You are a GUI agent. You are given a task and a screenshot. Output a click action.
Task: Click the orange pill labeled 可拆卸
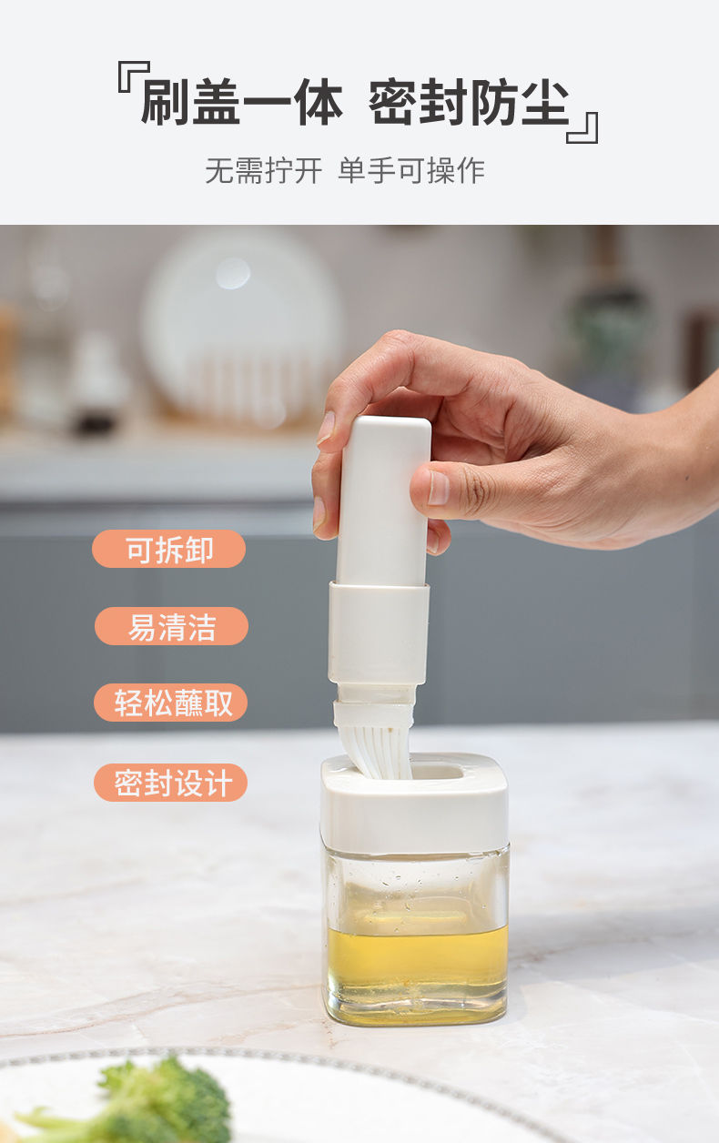(169, 549)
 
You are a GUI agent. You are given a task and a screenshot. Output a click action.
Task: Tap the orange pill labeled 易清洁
(171, 626)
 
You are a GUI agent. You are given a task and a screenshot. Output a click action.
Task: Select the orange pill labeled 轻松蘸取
(171, 703)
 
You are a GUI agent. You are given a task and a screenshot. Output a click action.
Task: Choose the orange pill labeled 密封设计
(171, 783)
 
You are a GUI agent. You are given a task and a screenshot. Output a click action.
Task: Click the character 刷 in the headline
(166, 102)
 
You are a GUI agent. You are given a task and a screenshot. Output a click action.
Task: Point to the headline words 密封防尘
(469, 102)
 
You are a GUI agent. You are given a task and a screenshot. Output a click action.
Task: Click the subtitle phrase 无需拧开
(263, 170)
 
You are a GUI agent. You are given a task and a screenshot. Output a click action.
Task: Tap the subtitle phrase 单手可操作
(411, 170)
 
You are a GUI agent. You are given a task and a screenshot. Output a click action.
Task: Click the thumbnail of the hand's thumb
(438, 487)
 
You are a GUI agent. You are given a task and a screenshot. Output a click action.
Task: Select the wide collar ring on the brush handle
(378, 632)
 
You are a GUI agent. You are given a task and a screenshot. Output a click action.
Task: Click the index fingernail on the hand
(326, 427)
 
